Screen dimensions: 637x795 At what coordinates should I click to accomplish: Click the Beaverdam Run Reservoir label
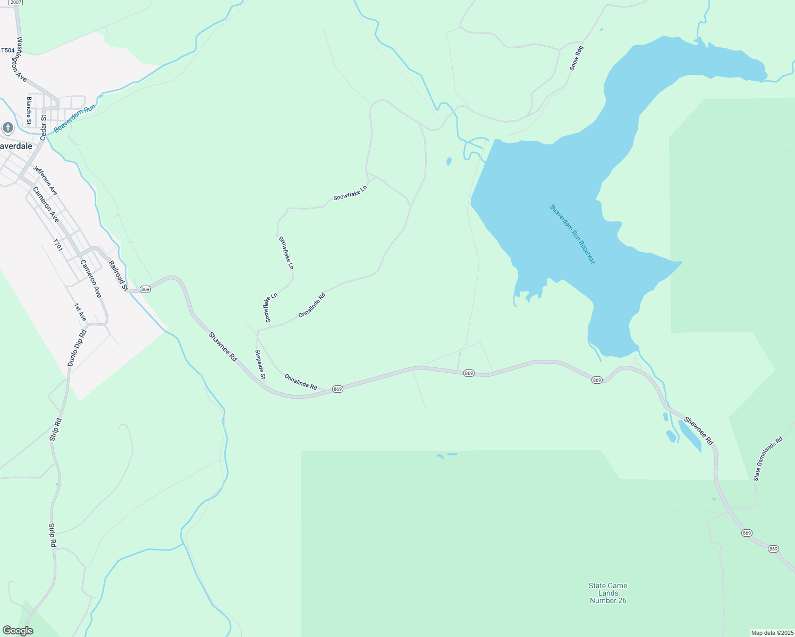(x=572, y=234)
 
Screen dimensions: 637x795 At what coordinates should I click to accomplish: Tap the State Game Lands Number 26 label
(x=608, y=593)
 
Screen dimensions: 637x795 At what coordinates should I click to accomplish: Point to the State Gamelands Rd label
(x=768, y=459)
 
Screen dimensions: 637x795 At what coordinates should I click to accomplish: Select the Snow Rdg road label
(x=576, y=58)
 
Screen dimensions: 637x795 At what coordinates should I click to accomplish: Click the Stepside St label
(x=260, y=364)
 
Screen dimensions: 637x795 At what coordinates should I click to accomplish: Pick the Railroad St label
(x=118, y=276)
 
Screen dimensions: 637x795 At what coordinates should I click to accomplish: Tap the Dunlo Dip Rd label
(x=77, y=348)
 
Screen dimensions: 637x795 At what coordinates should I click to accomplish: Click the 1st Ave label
(x=80, y=312)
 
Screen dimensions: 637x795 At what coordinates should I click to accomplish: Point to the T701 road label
(x=57, y=245)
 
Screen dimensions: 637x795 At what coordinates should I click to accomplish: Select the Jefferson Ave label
(x=45, y=180)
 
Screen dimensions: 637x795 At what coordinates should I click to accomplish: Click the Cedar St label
(x=44, y=127)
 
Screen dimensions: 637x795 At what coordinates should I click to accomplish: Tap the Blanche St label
(x=29, y=110)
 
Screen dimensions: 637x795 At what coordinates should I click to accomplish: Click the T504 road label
(x=7, y=50)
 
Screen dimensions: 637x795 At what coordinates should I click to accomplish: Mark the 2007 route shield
(x=15, y=2)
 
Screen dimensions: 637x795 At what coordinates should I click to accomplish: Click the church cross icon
(x=7, y=127)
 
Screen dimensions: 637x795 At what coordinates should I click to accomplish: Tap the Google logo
(x=18, y=631)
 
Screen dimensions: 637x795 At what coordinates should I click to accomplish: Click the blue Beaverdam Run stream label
(x=74, y=118)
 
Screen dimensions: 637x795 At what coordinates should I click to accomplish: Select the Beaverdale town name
(x=16, y=146)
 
